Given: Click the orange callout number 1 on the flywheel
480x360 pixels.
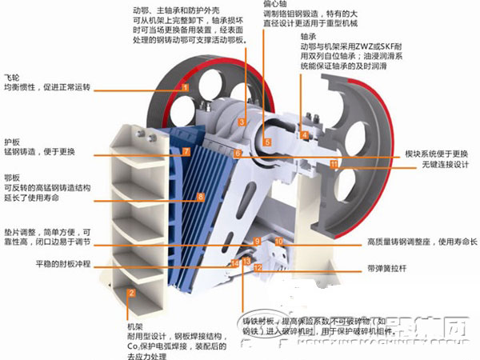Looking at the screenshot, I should pos(185,86).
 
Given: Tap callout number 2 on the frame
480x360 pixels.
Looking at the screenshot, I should pos(131,293).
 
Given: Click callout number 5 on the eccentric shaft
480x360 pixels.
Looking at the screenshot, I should pos(267,142).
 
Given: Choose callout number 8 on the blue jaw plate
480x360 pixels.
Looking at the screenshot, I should pos(201,196).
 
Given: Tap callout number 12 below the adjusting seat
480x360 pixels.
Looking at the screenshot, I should pos(258,269).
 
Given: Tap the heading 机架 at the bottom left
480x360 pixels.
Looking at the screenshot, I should pos(134,327).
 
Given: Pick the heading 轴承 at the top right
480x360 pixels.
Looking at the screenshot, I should pos(308,37).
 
